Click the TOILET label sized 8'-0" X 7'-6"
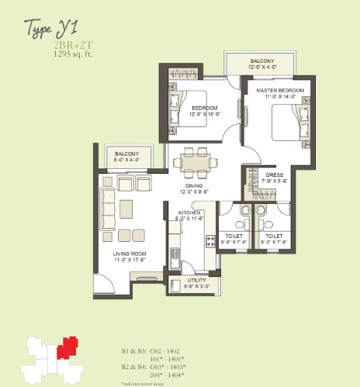tap(273, 238)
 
